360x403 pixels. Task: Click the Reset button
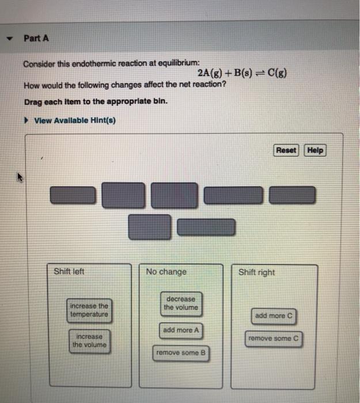(x=286, y=150)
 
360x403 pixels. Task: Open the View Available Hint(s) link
(x=75, y=120)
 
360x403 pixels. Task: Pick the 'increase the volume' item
(x=89, y=340)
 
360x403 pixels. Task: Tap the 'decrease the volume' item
(x=180, y=303)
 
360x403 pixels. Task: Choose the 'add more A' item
(x=181, y=330)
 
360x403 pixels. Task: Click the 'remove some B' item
(x=181, y=353)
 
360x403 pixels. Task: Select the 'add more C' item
(x=274, y=315)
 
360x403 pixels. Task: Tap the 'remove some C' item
(x=274, y=339)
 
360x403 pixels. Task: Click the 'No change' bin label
(x=166, y=272)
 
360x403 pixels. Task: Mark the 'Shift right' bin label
(x=256, y=272)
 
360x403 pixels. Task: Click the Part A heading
(x=36, y=39)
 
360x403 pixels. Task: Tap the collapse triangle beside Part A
(x=9, y=39)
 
